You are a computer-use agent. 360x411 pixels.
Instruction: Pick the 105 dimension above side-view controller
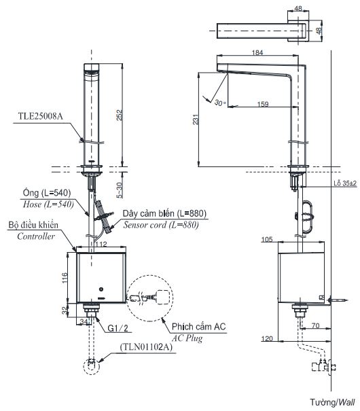(x=268, y=238)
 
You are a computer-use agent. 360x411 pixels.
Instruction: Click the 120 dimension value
(x=268, y=338)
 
